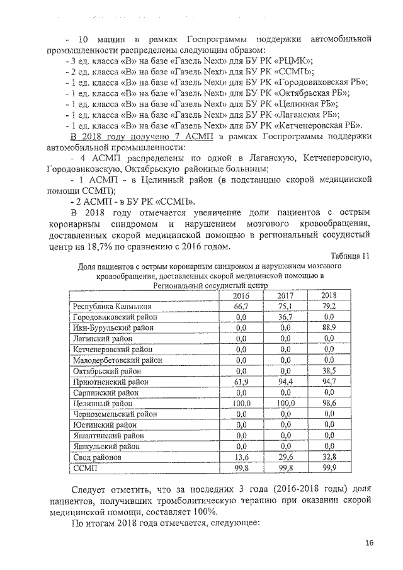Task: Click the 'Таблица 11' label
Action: (349, 255)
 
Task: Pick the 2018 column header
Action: (327, 295)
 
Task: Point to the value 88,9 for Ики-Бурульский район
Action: (327, 328)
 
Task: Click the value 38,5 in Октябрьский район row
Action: (327, 371)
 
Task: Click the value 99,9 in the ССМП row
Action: (327, 469)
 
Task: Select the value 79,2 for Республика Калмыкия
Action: (327, 306)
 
